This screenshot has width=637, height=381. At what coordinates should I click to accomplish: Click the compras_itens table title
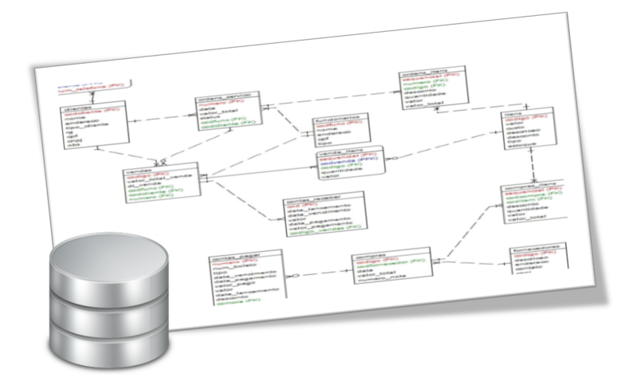[x=526, y=187]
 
